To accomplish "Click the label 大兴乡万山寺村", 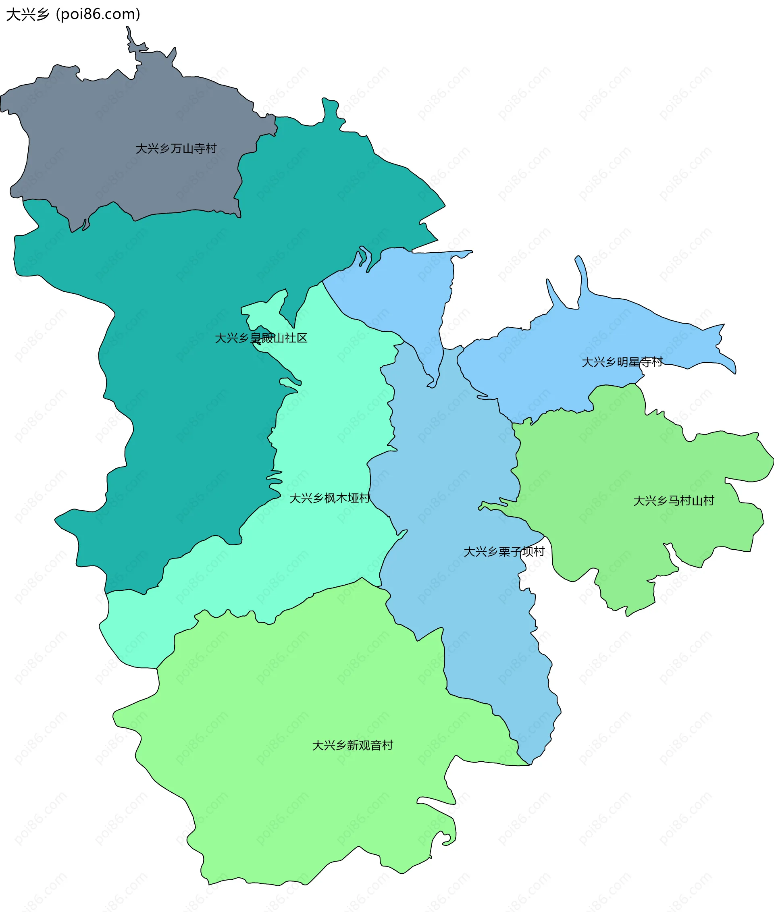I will pyautogui.click(x=176, y=149).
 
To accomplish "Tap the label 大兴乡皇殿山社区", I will pyautogui.click(x=261, y=338).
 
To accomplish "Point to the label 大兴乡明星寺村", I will pyautogui.click(x=622, y=362).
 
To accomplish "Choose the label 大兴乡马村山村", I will pyautogui.click(x=674, y=501).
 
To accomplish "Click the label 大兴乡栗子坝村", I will pyautogui.click(x=504, y=551).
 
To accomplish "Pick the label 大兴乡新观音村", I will pyautogui.click(x=352, y=745).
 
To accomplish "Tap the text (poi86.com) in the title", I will pyautogui.click(x=98, y=15).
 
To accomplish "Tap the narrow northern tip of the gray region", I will pyautogui.click(x=130, y=37).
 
